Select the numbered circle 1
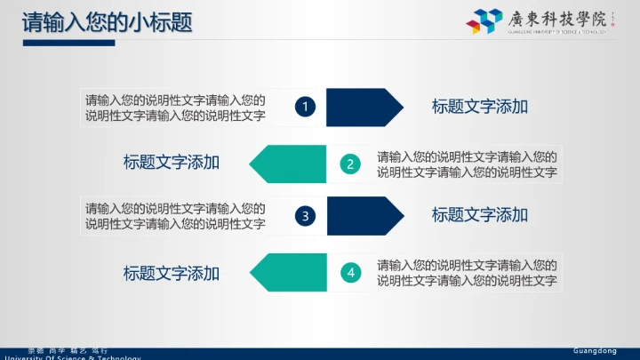[305, 107]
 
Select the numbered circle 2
[351, 164]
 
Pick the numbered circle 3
[305, 215]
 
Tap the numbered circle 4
[351, 272]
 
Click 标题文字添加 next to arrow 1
[480, 107]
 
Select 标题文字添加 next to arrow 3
[480, 215]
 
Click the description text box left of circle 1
[176, 107]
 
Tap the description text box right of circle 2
[467, 164]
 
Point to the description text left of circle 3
[176, 216]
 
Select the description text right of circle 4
[467, 273]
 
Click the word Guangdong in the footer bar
[595, 351]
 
